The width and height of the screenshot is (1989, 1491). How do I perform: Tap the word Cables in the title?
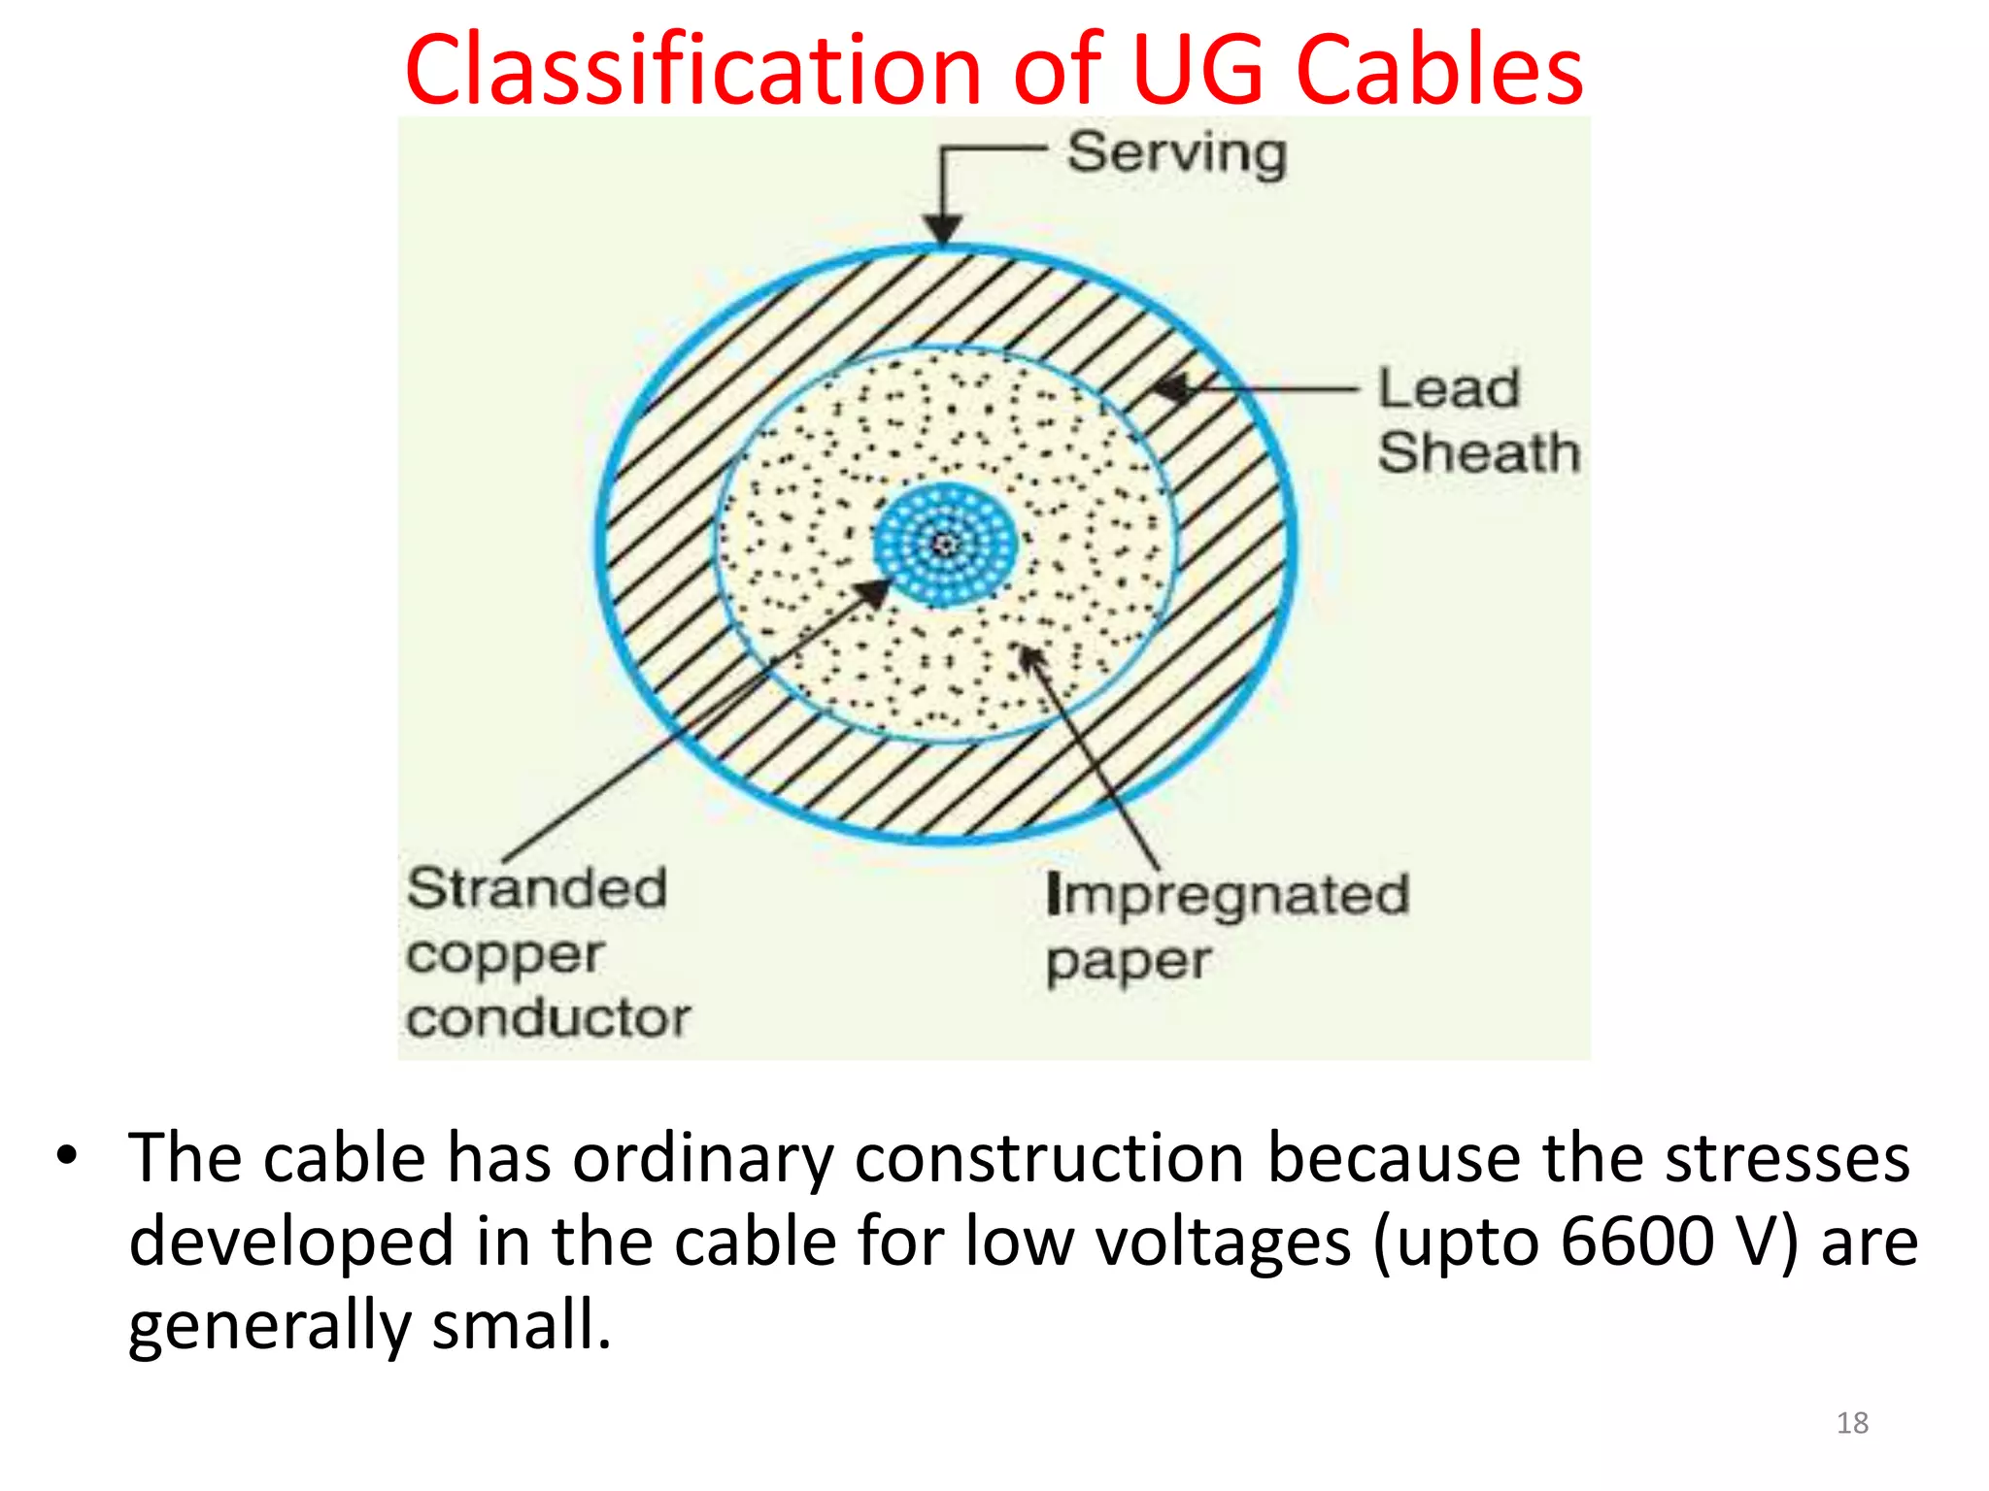[1439, 70]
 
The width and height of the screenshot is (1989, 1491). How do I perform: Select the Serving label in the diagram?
[1177, 153]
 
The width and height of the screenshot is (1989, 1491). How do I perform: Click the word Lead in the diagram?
[1448, 388]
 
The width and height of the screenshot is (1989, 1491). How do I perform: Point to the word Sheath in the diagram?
[1478, 452]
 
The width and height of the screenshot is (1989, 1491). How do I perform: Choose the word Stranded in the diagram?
[537, 888]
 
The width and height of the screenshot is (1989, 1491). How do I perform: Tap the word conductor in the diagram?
[549, 1018]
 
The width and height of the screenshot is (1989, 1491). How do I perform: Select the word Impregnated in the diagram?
[1228, 895]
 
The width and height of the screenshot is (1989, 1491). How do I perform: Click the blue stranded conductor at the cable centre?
[945, 545]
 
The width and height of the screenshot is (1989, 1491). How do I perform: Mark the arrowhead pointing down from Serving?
[942, 229]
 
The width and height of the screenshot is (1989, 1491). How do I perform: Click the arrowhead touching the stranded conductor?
[874, 591]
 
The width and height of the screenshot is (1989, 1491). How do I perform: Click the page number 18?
[1852, 1423]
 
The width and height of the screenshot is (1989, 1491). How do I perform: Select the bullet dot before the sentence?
[66, 1156]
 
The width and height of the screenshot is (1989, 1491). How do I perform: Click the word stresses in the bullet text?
[1788, 1158]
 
